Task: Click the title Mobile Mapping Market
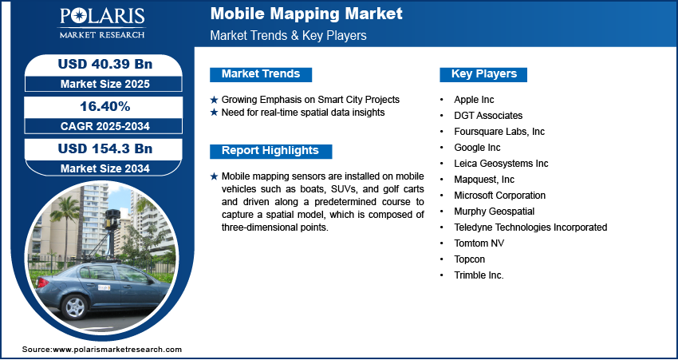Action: click(x=306, y=14)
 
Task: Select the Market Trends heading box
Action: click(x=260, y=74)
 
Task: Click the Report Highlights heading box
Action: click(x=270, y=151)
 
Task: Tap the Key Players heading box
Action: click(x=483, y=74)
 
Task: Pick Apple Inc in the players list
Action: click(x=474, y=100)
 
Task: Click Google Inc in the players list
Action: click(x=477, y=148)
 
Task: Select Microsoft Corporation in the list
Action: click(x=499, y=196)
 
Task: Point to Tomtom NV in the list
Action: click(x=479, y=243)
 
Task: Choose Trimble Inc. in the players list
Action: click(x=479, y=275)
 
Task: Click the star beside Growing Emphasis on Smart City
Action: click(x=214, y=100)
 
